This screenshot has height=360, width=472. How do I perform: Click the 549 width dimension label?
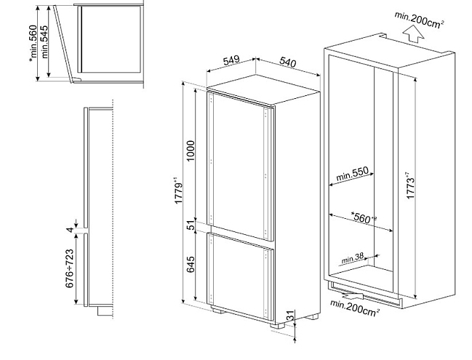[231, 60]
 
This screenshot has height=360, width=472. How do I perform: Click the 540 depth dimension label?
[288, 62]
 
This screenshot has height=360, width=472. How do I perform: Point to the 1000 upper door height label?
[191, 151]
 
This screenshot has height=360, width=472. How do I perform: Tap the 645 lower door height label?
[191, 265]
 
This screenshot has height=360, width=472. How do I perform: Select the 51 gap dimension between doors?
[191, 225]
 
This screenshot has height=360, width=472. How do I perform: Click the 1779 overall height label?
[178, 191]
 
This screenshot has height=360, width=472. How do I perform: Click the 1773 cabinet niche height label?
[409, 185]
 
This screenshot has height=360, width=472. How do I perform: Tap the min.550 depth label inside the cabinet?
[352, 174]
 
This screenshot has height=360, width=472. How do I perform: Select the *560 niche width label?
[364, 217]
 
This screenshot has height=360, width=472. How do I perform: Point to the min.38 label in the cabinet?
[353, 258]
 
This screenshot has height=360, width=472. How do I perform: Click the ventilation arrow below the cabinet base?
[352, 295]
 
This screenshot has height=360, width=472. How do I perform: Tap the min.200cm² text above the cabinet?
[420, 20]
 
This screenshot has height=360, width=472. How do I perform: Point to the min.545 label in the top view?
[44, 42]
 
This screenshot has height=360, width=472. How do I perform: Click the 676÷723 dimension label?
[69, 268]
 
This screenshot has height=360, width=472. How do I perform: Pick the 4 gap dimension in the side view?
[70, 230]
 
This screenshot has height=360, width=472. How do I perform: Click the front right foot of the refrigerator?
[278, 325]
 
